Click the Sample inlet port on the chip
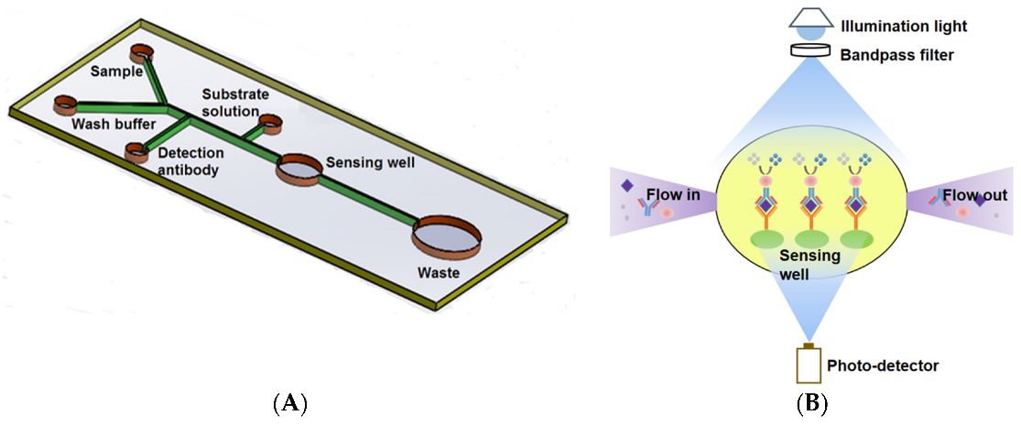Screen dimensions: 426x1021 pyautogui.click(x=143, y=52)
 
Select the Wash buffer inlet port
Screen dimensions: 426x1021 pyautogui.click(x=67, y=103)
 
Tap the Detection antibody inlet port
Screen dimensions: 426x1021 pyautogui.click(x=136, y=153)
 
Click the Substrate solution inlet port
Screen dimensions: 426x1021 pyautogui.click(x=271, y=124)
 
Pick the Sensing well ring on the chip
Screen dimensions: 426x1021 pyautogui.click(x=299, y=169)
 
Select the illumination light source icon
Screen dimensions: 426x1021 pyautogui.click(x=809, y=21)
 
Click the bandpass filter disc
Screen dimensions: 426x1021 pyautogui.click(x=809, y=54)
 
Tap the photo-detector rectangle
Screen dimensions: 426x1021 pyautogui.click(x=809, y=366)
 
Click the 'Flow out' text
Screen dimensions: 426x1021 pyautogui.click(x=975, y=195)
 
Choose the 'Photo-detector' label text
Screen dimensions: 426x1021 pyautogui.click(x=883, y=366)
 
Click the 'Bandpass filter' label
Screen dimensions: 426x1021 pyautogui.click(x=896, y=55)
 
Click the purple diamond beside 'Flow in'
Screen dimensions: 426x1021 pyautogui.click(x=627, y=187)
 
